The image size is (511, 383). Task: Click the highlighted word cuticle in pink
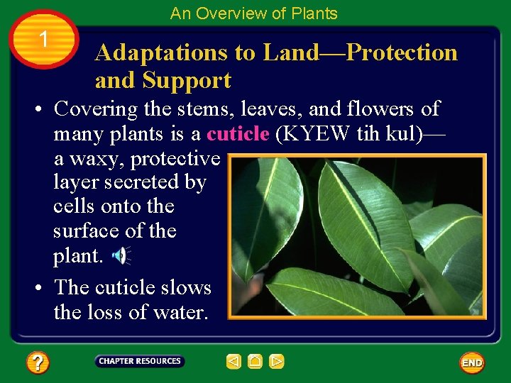(x=238, y=134)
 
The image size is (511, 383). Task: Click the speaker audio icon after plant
(x=122, y=255)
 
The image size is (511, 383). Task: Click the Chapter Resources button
(x=140, y=362)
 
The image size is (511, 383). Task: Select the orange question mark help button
(x=37, y=363)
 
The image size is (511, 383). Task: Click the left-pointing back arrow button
(x=233, y=362)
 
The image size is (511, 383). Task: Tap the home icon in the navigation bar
(x=255, y=362)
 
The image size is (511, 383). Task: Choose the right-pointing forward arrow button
(x=277, y=362)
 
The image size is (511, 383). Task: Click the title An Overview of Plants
(x=254, y=13)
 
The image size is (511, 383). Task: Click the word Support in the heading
(x=189, y=81)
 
